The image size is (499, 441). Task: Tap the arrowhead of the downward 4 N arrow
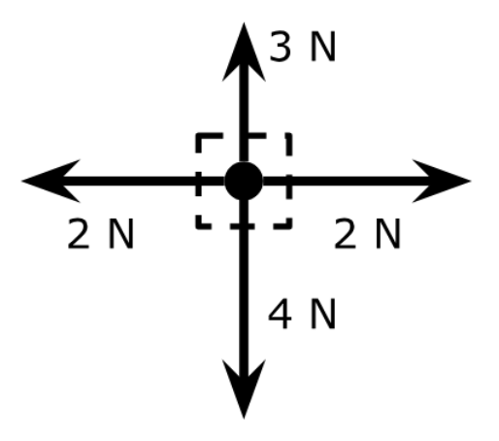click(x=244, y=389)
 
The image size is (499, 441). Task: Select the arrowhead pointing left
click(x=51, y=181)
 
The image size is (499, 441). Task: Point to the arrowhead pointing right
click(x=442, y=181)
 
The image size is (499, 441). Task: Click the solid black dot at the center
click(x=244, y=181)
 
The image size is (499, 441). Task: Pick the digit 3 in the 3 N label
click(x=281, y=46)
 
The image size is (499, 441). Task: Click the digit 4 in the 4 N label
click(x=280, y=314)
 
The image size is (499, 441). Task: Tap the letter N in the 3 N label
click(x=322, y=46)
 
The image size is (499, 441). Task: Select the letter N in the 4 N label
click(x=322, y=314)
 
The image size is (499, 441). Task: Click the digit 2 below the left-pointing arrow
click(x=78, y=233)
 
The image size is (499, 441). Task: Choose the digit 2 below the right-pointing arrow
click(x=345, y=233)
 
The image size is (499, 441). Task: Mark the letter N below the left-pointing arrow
click(x=121, y=234)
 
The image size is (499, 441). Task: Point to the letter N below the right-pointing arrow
click(x=388, y=234)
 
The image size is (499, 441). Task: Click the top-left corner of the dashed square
click(x=199, y=136)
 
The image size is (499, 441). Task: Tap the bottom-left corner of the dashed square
click(x=199, y=226)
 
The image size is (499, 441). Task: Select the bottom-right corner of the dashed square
click(x=289, y=226)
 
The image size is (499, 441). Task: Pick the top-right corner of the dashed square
click(x=289, y=136)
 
